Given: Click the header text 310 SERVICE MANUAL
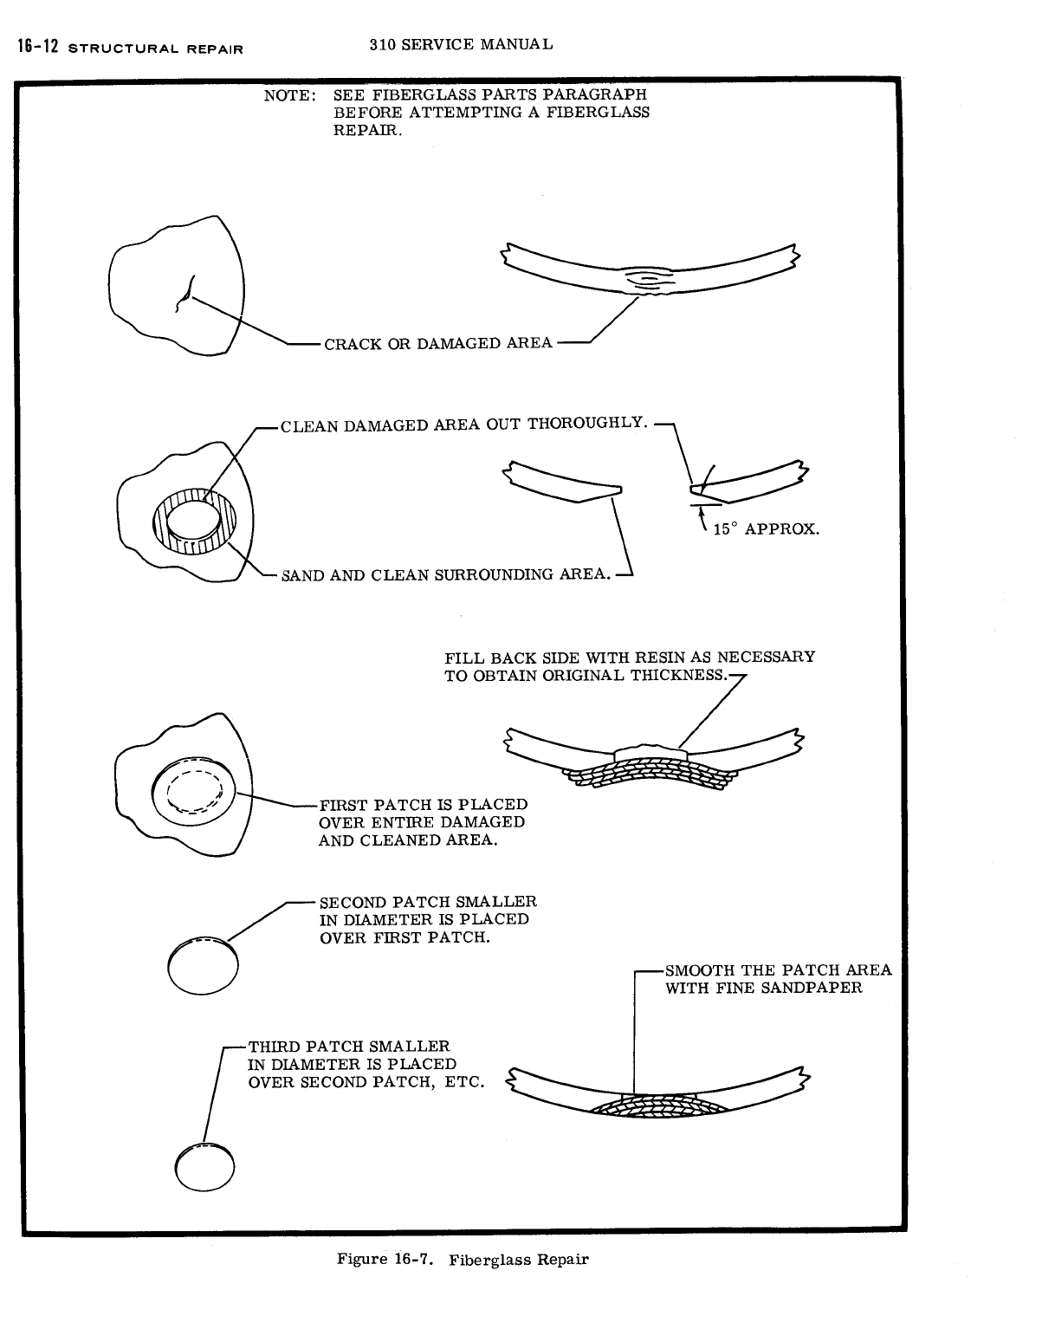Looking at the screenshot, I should pos(460,43).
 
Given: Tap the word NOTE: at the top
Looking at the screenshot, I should pos(288,95).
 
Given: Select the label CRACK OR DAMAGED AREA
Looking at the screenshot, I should pos(437,344).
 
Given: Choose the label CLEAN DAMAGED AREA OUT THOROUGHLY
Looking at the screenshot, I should pos(463,425).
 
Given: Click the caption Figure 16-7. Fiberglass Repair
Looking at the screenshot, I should pos(462,1260).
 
